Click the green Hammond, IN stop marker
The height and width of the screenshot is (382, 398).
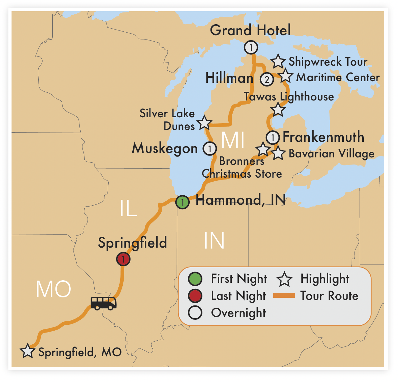[182, 202]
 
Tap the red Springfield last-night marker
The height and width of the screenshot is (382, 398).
[123, 259]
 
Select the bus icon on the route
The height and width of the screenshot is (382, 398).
[103, 303]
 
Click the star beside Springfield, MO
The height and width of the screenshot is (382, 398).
[27, 351]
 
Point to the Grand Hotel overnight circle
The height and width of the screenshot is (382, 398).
[251, 48]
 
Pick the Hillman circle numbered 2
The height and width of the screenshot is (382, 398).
[267, 79]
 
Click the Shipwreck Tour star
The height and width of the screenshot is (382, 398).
[278, 62]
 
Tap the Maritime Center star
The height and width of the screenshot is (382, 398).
[286, 76]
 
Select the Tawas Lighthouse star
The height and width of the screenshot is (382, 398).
[278, 110]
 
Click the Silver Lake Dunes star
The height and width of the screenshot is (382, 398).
[204, 123]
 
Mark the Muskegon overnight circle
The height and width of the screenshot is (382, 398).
[210, 148]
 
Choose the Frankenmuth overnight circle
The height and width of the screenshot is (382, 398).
[273, 137]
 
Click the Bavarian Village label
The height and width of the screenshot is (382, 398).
[331, 154]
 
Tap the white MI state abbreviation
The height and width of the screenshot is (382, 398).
[233, 140]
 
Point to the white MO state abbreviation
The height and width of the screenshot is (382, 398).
[54, 289]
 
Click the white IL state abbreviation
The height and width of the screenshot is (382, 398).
[129, 208]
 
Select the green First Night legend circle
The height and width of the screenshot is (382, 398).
[195, 279]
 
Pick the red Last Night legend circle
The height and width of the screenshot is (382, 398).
[195, 296]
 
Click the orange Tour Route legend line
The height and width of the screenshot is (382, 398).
[284, 296]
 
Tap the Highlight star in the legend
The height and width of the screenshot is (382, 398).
[284, 279]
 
